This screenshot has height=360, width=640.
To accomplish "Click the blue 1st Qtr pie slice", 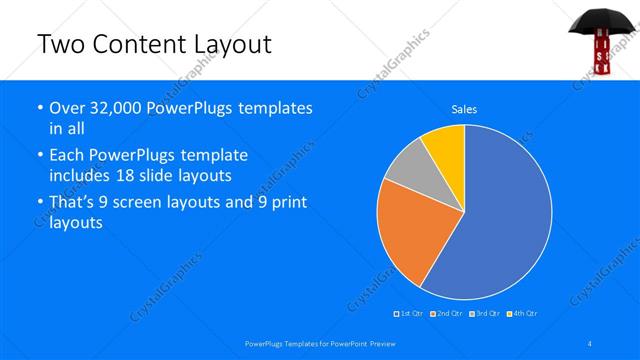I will pos(500,220).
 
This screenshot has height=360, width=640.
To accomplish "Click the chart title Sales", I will pos(464,109).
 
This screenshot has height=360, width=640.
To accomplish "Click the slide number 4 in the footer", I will pos(589,344).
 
